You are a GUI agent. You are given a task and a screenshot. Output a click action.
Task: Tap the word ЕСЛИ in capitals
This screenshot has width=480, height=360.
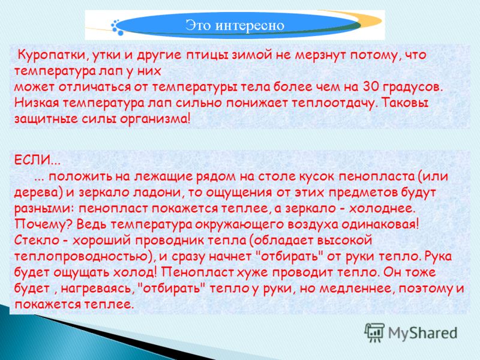[32, 160]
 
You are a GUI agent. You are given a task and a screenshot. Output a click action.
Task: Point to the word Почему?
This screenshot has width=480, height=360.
[44, 224]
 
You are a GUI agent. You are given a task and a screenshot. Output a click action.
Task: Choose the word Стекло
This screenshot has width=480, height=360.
[37, 240]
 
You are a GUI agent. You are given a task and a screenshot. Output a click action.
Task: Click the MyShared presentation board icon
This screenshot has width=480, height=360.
[374, 332]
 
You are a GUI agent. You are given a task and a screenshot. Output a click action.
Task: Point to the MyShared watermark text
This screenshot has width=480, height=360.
[423, 334]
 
